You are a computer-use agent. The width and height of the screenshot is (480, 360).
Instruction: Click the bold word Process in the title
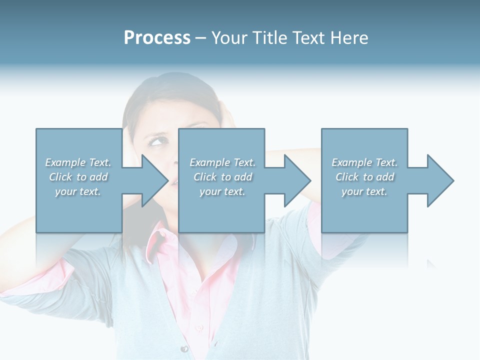[157, 38]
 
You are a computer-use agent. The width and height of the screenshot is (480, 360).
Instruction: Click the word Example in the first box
[65, 162]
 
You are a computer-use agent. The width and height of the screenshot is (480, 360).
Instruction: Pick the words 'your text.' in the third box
[364, 191]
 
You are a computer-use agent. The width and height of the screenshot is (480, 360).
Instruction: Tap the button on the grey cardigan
[184, 348]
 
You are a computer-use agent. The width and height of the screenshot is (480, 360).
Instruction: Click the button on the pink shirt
[199, 327]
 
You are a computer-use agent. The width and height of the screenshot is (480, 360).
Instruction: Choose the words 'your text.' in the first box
[77, 191]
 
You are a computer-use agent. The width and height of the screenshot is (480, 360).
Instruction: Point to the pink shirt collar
[160, 235]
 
